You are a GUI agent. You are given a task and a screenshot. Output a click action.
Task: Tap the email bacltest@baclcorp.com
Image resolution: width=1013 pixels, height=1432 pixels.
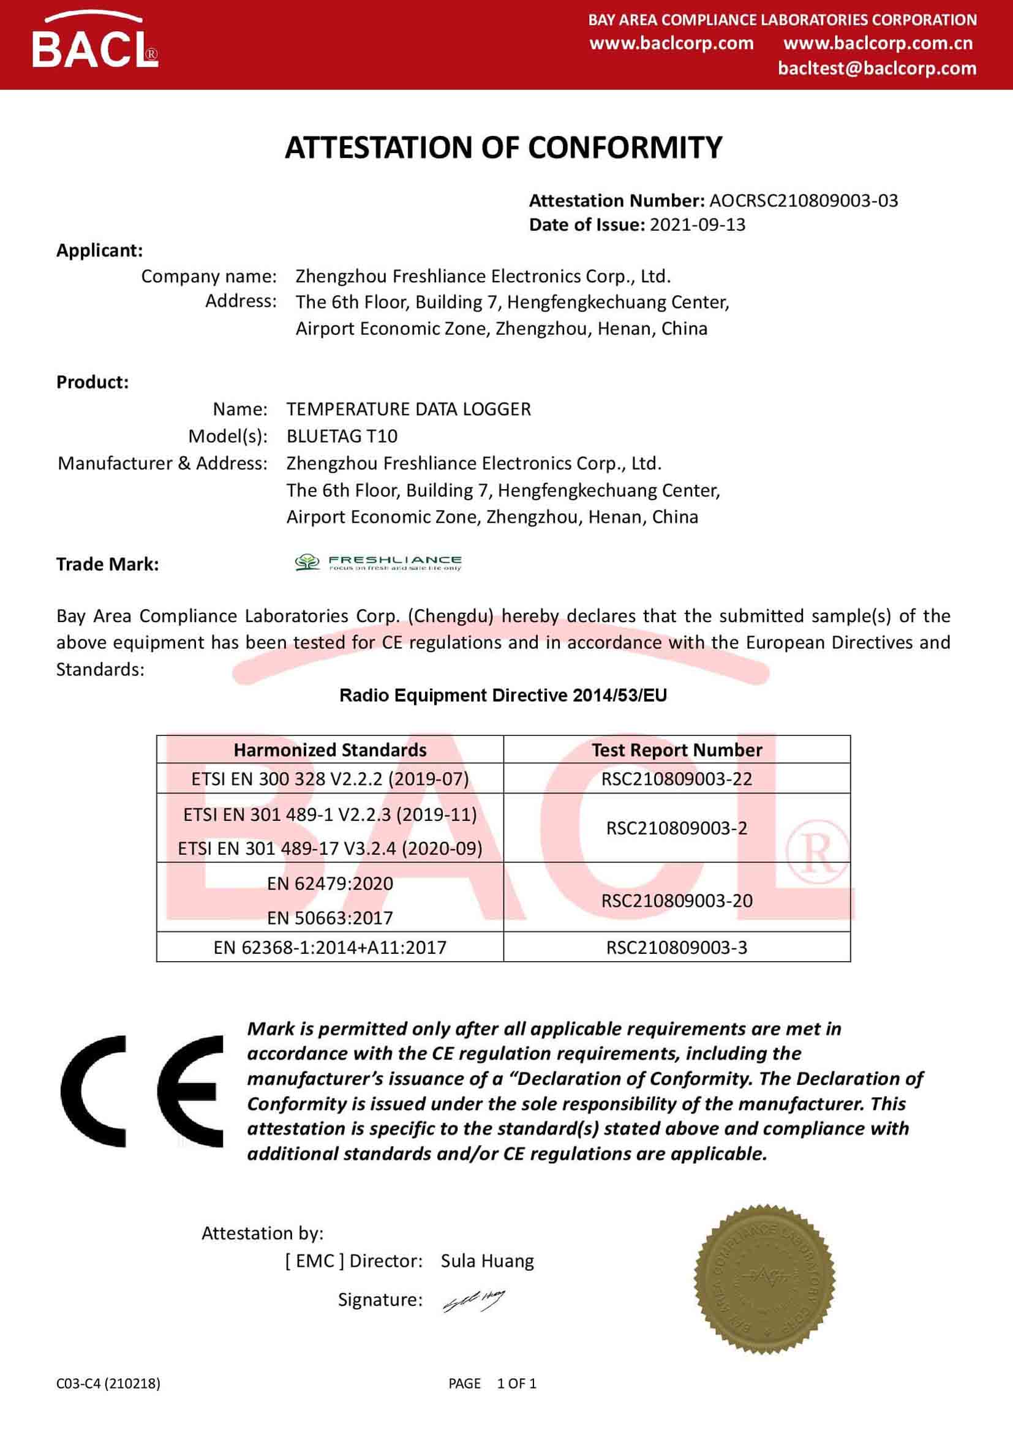[877, 68]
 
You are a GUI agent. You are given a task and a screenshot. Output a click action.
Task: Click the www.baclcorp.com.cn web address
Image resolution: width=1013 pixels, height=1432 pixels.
[878, 43]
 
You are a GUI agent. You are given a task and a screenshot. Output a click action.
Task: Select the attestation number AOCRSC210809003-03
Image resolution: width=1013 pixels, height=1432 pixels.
[804, 201]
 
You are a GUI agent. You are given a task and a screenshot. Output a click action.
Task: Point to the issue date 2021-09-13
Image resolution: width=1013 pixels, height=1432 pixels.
[698, 225]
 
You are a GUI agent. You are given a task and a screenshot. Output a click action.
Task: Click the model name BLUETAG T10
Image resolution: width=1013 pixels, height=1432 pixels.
[342, 436]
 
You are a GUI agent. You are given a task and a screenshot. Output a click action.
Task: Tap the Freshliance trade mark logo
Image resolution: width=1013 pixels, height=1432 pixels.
[378, 562]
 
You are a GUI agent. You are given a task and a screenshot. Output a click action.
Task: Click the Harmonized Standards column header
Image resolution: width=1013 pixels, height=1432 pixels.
[330, 750]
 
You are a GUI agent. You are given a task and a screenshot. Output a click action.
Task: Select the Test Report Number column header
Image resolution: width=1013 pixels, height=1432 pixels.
[677, 750]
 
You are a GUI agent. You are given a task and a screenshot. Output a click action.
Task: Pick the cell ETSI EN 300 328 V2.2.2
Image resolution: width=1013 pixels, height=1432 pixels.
[330, 778]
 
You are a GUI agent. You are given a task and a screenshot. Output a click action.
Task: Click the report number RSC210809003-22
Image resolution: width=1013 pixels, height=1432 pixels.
[677, 778]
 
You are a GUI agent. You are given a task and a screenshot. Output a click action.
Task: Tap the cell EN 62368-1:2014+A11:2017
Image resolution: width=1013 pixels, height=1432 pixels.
[330, 947]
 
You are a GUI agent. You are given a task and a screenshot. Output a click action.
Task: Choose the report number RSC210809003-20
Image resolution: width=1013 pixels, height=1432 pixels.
[677, 900]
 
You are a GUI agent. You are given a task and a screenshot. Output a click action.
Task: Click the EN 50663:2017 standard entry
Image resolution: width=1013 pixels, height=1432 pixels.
[330, 918]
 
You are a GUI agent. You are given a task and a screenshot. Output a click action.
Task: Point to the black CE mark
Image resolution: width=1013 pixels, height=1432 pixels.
[141, 1091]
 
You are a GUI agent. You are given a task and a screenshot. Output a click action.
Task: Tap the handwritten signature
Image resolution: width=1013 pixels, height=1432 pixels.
[473, 1300]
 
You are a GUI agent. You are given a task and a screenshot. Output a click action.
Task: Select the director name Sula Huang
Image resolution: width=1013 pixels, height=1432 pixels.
[487, 1261]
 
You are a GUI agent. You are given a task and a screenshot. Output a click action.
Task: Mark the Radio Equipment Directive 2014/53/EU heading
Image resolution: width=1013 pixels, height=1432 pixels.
[503, 695]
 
